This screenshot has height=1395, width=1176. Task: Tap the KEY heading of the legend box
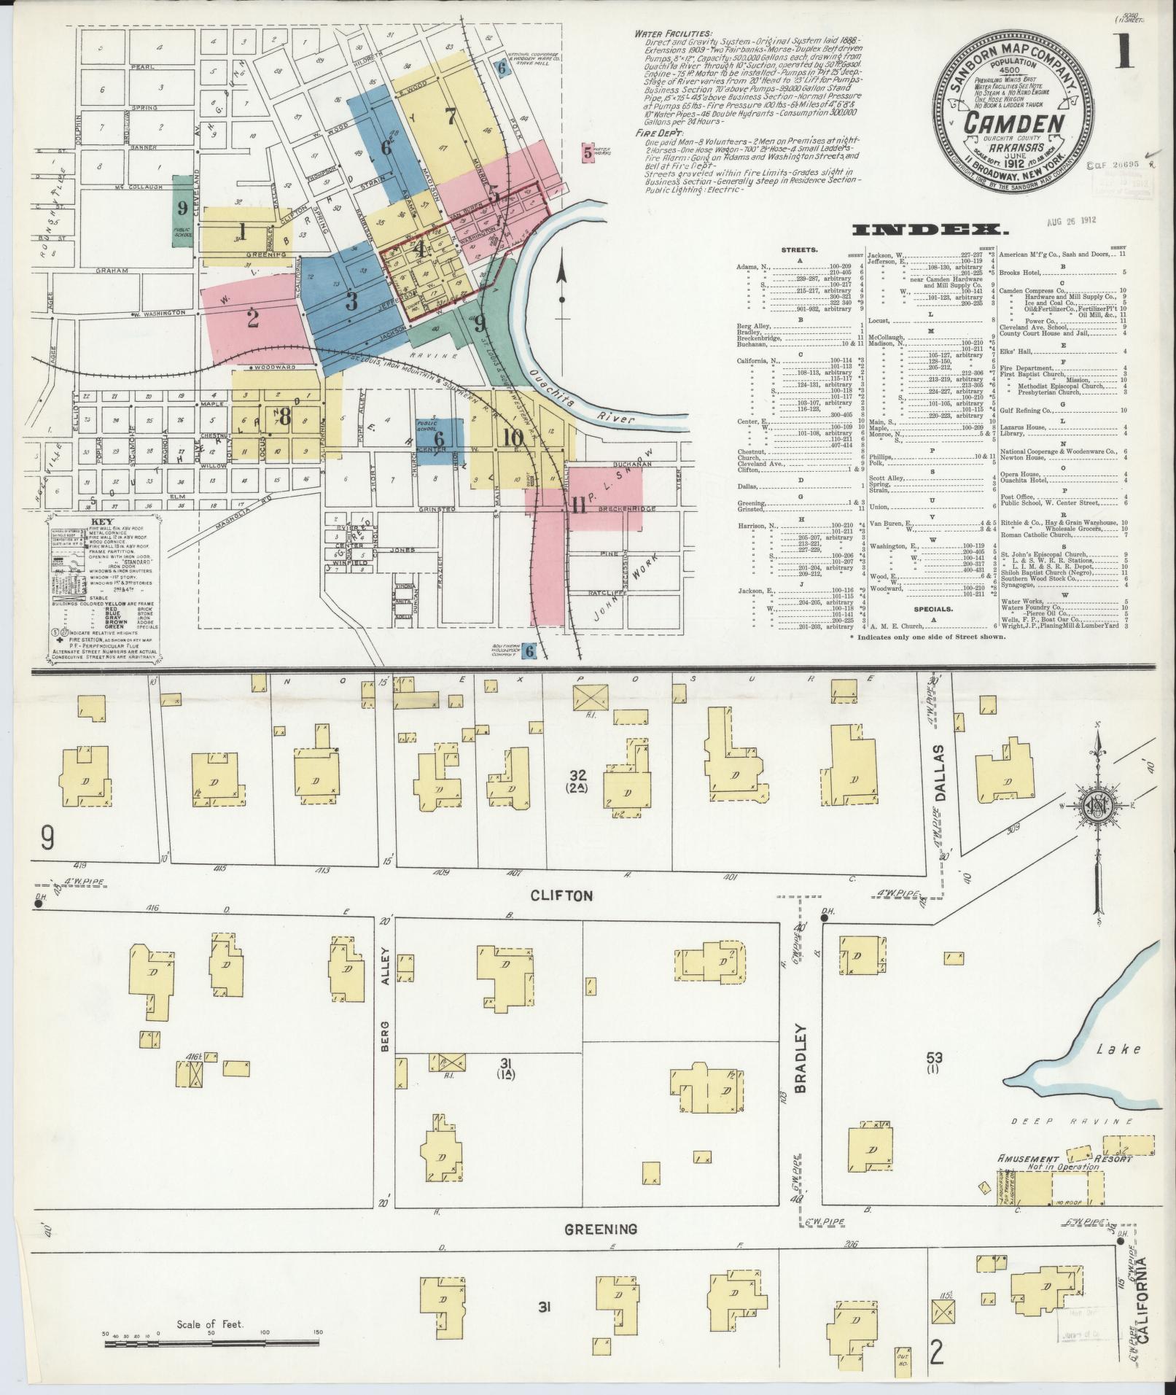[102, 522]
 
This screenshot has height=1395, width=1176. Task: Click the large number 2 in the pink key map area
[253, 319]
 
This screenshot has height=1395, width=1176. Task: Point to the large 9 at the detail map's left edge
[48, 839]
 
